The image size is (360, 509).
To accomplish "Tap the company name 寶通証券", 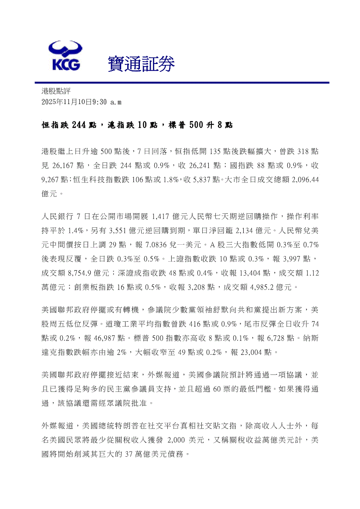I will tap(141, 64).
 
